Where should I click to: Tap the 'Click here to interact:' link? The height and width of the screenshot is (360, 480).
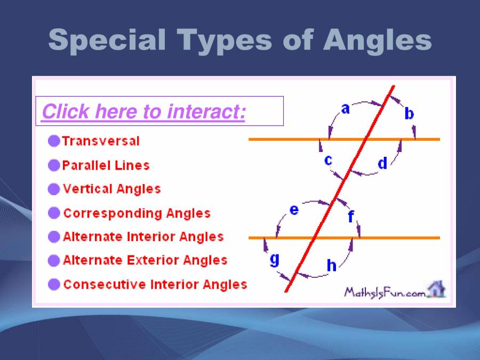143,111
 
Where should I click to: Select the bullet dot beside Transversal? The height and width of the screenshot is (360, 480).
54,141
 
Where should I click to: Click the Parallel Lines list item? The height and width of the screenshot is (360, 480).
106,165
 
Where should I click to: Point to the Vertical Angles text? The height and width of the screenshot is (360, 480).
112,189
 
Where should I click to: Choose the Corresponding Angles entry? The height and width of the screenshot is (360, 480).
137,213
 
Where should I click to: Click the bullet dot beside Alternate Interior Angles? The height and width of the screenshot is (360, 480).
54,237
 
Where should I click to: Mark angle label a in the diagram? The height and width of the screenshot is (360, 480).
345,109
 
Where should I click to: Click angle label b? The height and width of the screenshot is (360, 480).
409,113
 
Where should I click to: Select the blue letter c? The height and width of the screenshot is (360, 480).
328,160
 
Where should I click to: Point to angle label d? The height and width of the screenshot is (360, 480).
382,163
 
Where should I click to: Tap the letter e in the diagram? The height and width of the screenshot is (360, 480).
294,210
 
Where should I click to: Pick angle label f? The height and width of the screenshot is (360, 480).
351,216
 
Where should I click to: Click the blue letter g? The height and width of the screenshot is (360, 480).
275,260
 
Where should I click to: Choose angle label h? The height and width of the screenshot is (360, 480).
332,265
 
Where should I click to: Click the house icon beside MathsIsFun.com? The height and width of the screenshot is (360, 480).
436,289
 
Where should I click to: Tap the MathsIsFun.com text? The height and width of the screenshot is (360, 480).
385,293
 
